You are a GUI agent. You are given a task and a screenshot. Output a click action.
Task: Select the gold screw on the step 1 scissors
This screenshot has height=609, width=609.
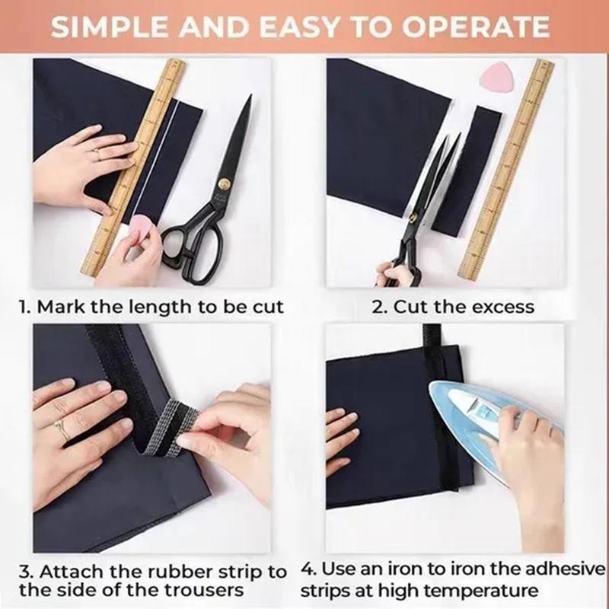pos(224,183)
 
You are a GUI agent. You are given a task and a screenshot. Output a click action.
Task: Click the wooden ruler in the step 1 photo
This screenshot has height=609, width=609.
pos(136,167)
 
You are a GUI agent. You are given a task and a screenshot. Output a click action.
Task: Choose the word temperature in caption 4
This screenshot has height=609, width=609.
pos(486,590)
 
